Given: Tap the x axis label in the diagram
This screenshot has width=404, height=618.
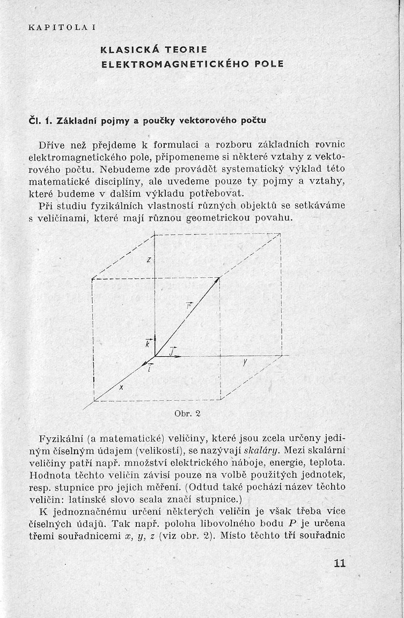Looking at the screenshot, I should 121,389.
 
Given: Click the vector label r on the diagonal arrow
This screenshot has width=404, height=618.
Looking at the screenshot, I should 189,306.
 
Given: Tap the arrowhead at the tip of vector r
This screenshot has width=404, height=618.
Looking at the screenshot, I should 218,279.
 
